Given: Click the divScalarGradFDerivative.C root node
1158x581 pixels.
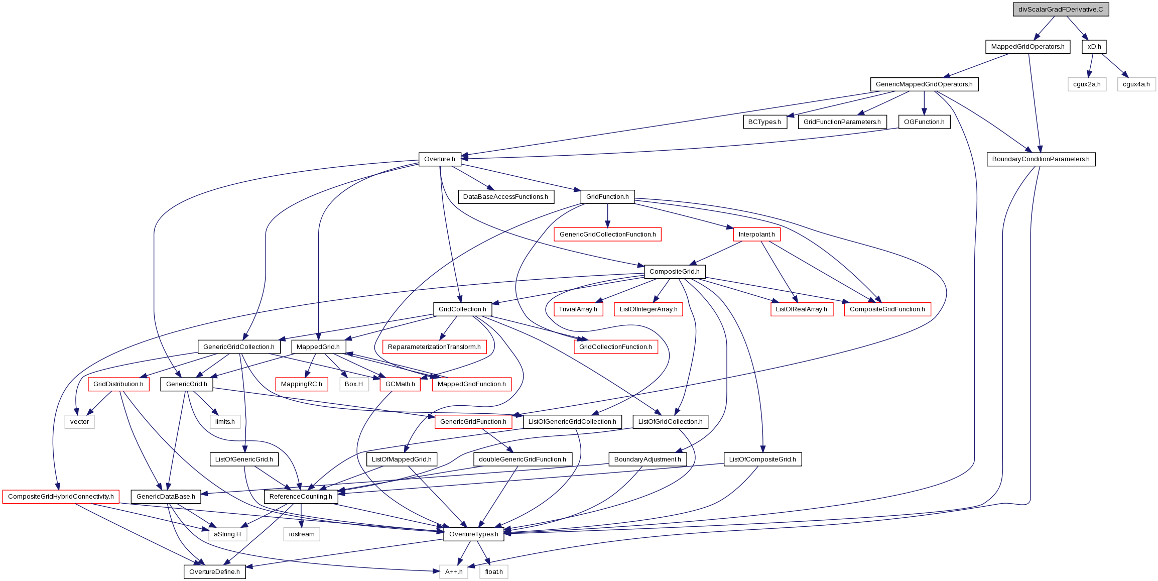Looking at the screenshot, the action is (1061, 10).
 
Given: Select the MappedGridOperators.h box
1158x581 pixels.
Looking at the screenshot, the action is (1027, 47).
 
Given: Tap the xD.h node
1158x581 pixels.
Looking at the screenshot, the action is (1094, 47).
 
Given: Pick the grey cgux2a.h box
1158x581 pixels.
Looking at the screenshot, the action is (1087, 84).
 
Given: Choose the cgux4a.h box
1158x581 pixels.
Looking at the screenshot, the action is (1136, 84).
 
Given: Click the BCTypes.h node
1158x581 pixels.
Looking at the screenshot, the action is (764, 122).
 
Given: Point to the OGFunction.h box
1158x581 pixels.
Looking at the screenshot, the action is (924, 122).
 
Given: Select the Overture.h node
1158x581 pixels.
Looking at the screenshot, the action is (440, 159).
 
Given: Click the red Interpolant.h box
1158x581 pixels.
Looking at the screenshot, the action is (756, 235).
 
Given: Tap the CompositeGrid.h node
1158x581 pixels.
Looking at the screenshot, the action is (675, 272).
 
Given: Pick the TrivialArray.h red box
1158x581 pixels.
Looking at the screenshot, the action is (578, 309).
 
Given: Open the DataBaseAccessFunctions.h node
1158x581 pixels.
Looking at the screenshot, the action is (505, 197).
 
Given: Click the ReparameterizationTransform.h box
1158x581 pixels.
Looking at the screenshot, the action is (434, 347).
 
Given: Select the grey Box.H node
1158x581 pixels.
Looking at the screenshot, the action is (354, 384).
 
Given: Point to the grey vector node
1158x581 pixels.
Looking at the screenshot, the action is (79, 422).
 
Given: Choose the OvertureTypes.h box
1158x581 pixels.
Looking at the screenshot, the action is (474, 534).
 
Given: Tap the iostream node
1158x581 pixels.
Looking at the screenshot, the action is (302, 534).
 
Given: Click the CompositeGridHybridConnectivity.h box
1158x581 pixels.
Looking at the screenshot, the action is (61, 497).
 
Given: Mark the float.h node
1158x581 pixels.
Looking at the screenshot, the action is (494, 572).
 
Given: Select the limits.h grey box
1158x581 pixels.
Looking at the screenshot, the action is (225, 422).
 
